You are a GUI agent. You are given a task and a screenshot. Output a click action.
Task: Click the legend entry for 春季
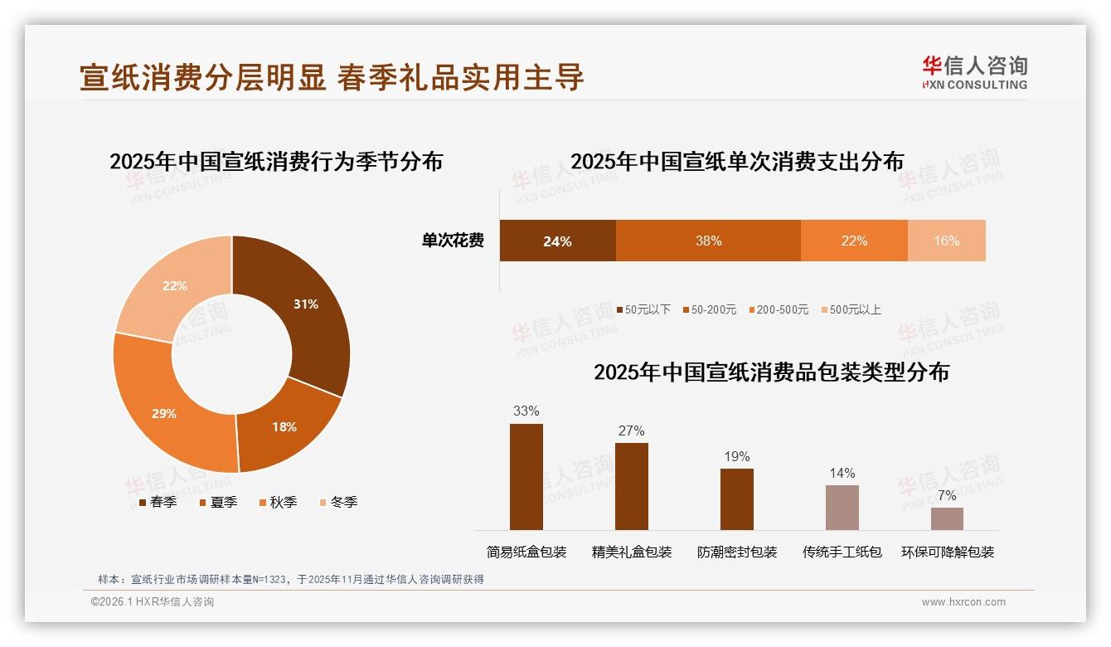pos(157,503)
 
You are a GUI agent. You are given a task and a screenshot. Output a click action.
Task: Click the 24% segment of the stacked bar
pos(557,241)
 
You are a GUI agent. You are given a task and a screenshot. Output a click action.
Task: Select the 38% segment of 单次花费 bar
pos(708,241)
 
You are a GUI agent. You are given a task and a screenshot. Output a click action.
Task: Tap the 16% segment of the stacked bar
pos(946,241)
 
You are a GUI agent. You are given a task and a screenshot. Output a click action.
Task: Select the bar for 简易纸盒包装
pos(526,477)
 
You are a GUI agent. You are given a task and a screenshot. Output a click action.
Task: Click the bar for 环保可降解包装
pos(947,518)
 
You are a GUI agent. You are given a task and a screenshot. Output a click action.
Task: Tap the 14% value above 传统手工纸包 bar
pos(842,474)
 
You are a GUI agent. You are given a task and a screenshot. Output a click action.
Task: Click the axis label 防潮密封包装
pos(737,552)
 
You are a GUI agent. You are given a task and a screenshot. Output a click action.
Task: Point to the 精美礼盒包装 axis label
pos(632,552)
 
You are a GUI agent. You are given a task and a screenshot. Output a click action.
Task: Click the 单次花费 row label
pos(453,241)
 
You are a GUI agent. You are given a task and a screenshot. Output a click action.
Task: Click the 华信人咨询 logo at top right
pos(974,72)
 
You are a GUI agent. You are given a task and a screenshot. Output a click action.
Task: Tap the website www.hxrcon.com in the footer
pos(963,602)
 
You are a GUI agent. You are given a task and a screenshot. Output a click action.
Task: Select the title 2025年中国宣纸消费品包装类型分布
pos(771,372)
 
